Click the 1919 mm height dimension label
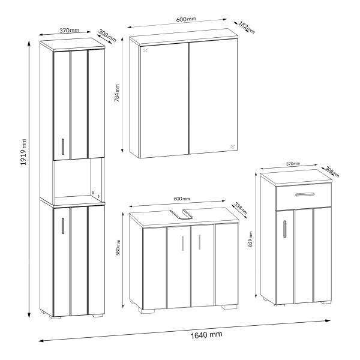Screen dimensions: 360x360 pos(23,152)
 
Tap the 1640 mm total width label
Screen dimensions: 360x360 pos(206,335)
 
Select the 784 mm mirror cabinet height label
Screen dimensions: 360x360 pos(117,93)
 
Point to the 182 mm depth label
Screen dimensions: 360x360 pos(247,28)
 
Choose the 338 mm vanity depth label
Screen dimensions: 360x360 pos(241,208)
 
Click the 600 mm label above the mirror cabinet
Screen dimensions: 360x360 pos(186,19)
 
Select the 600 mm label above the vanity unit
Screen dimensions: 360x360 pos(182,199)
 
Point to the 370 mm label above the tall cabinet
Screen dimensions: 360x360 pos(69,31)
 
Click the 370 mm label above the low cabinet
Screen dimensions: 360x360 pos(293,164)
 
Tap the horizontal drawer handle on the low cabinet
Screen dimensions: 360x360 pos(305,194)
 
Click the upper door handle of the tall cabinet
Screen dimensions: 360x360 pos(63,146)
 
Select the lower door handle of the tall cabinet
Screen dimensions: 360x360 pos(63,226)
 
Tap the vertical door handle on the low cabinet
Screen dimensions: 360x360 pos(284,229)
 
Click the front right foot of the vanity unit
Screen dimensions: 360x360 pos(229,307)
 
